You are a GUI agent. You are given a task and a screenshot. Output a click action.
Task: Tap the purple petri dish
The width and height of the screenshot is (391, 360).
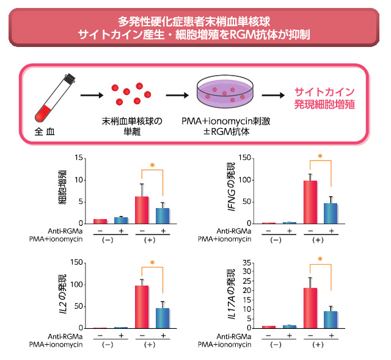[x=225, y=95]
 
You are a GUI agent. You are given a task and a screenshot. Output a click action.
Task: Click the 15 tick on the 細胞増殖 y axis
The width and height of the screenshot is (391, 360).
[x=78, y=158]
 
